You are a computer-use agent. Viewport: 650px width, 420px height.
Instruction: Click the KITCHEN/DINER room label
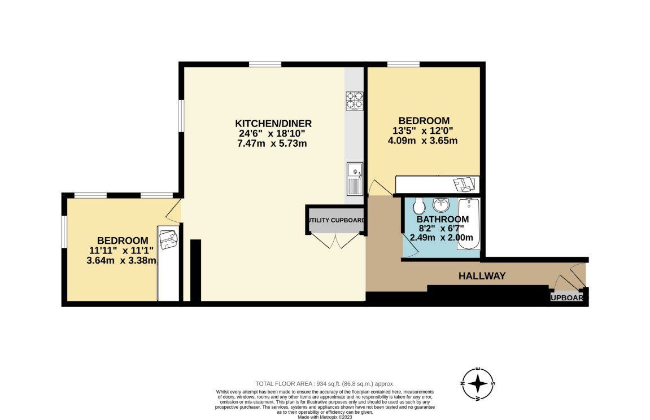coord(273,124)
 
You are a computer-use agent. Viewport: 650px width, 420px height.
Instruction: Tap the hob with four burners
coord(354,100)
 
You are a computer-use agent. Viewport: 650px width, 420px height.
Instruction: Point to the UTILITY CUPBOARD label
coord(335,220)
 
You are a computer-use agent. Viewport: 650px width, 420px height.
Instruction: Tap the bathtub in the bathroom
coord(469,225)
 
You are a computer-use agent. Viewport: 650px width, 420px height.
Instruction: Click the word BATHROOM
coord(442,219)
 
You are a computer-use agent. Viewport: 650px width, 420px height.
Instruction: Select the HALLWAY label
coord(482,276)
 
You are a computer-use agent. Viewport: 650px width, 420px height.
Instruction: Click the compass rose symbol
coord(478,384)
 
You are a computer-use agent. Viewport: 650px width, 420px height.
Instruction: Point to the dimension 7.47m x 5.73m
coord(273,143)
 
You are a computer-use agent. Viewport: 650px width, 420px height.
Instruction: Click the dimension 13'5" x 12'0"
coord(424,130)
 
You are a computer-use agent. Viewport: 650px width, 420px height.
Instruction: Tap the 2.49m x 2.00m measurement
coord(442,238)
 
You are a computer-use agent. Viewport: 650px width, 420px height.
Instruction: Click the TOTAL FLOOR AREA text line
coord(325,383)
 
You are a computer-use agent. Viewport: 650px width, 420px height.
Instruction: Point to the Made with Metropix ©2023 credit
coord(325,417)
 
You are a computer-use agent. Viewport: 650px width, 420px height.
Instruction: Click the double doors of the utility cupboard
coord(335,241)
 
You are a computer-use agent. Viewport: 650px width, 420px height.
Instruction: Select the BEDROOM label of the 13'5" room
coord(424,121)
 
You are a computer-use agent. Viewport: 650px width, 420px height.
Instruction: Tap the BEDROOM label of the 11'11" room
coord(123,240)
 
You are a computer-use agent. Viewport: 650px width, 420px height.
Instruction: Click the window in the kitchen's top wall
coord(265,64)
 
